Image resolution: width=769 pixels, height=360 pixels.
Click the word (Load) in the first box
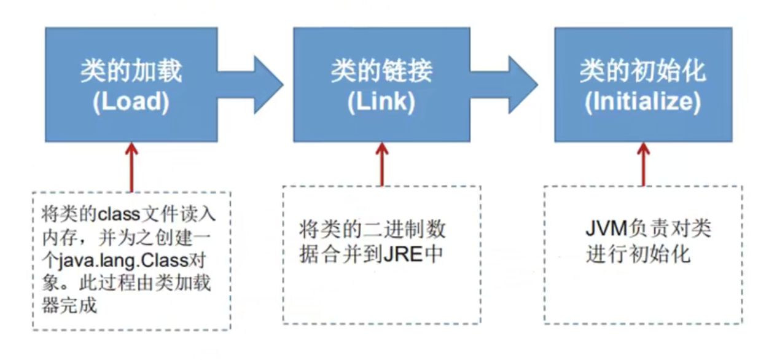131,102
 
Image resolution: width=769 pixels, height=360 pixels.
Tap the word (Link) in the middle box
381,102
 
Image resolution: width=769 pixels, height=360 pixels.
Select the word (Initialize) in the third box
642,102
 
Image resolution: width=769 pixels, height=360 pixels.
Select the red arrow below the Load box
130,166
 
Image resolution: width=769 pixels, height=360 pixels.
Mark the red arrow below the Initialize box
643,165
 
